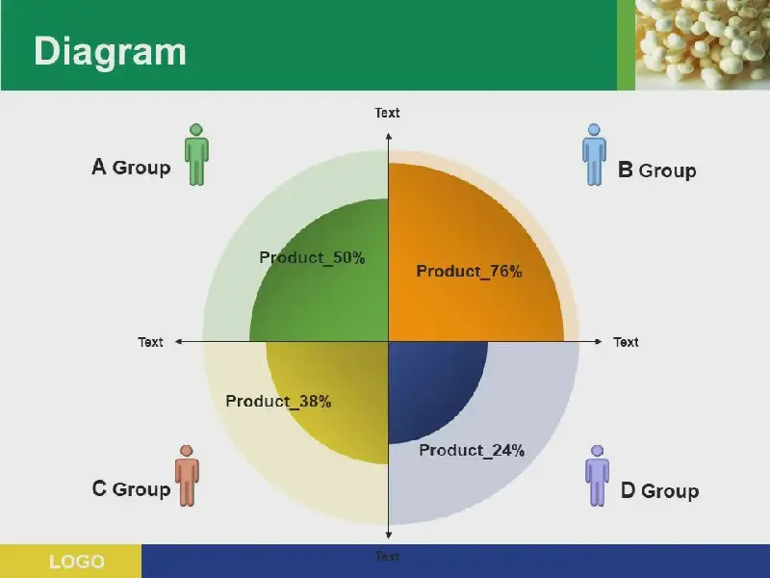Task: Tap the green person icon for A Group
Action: (x=196, y=154)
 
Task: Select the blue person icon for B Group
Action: (x=594, y=154)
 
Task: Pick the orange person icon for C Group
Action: (x=187, y=476)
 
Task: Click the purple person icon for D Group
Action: (x=597, y=476)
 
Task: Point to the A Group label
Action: (x=131, y=167)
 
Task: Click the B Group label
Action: (x=657, y=171)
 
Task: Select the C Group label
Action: (x=131, y=488)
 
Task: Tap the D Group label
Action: (x=660, y=490)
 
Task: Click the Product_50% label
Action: (x=312, y=257)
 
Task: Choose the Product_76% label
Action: (x=470, y=272)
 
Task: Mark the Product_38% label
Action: (x=278, y=401)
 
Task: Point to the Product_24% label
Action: (x=472, y=450)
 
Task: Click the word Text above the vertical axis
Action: (x=388, y=113)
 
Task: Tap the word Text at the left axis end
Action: (x=150, y=342)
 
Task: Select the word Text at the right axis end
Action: (x=627, y=342)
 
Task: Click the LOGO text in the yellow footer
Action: (x=77, y=562)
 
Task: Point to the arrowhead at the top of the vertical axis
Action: (x=389, y=136)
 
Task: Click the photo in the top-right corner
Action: (x=703, y=44)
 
